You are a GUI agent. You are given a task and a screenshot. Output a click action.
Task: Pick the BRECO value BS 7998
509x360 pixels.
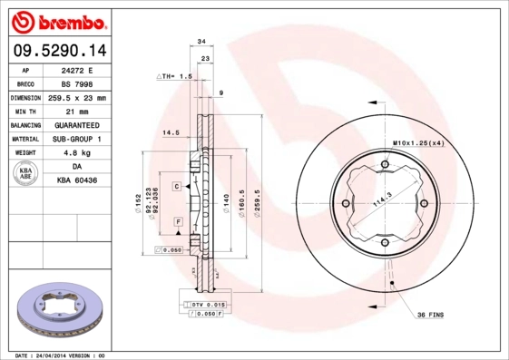click(78, 83)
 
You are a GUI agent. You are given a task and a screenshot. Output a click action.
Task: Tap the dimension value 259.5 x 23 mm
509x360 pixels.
click(78, 97)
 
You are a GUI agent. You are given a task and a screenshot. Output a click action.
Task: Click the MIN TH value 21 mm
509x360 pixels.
click(78, 111)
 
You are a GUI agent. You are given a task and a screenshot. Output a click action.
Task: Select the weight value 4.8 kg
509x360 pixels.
click(78, 153)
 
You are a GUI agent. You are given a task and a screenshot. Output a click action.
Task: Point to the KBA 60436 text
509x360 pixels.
click(78, 180)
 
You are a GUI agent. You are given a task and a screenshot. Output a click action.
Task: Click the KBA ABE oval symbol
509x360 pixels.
click(26, 174)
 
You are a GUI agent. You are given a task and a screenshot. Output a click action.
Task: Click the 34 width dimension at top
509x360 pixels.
click(201, 42)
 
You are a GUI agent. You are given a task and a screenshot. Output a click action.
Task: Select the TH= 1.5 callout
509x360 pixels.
click(176, 77)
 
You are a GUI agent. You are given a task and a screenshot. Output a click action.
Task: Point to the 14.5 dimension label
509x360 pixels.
click(169, 133)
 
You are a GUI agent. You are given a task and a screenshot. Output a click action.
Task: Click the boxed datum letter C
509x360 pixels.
click(176, 185)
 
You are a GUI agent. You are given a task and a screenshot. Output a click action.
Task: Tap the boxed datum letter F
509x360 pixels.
click(179, 221)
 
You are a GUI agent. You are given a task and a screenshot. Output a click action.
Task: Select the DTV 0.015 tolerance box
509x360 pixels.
click(205, 305)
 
